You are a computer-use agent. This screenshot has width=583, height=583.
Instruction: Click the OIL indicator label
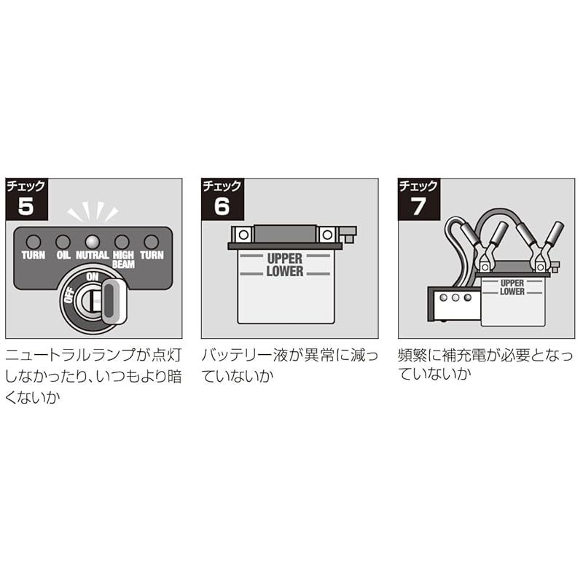tap(63, 256)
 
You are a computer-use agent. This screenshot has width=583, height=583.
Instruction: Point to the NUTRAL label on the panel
tap(93, 256)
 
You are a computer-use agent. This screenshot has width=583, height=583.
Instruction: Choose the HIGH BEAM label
tap(122, 259)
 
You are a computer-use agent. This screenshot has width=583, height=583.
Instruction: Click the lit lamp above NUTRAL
tap(92, 241)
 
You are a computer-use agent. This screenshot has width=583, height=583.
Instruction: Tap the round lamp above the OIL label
tap(63, 241)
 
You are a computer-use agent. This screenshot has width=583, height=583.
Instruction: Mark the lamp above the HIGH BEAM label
tap(122, 241)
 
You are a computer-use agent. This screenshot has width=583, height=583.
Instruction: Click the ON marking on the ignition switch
tap(93, 277)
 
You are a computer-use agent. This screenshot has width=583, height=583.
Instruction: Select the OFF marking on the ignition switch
tap(68, 297)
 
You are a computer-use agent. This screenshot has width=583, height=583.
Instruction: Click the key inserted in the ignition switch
tap(111, 299)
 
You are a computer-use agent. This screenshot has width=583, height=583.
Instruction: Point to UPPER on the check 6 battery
tap(284, 259)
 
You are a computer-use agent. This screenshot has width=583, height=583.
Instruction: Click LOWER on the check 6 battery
tap(284, 270)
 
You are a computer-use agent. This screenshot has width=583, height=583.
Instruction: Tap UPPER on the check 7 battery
tap(512, 282)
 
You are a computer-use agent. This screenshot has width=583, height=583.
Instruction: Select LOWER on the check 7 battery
tap(512, 291)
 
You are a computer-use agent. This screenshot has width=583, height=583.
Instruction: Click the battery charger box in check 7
tap(452, 302)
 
